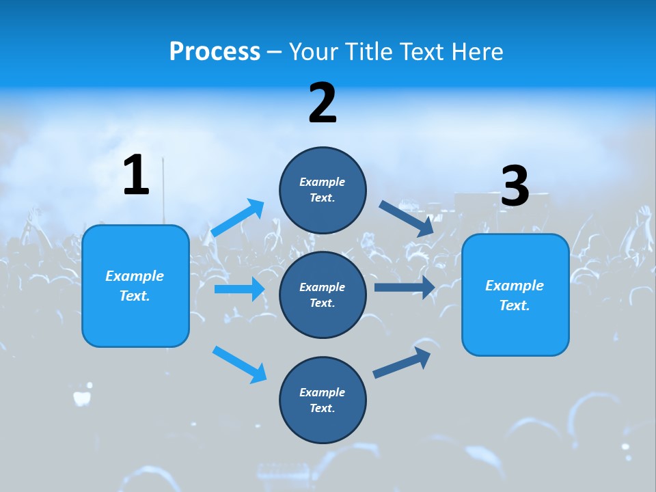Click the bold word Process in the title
pyautogui.click(x=215, y=52)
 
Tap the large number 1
pyautogui.click(x=136, y=176)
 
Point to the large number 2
pyautogui.click(x=323, y=103)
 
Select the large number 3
pyautogui.click(x=515, y=187)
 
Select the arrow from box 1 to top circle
pyautogui.click(x=238, y=218)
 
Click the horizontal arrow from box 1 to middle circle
pyautogui.click(x=239, y=289)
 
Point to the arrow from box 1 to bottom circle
pyautogui.click(x=239, y=364)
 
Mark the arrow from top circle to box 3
pyautogui.click(x=407, y=219)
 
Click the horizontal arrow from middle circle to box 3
pyautogui.click(x=405, y=287)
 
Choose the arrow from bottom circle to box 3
pyautogui.click(x=402, y=362)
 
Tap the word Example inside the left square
pyautogui.click(x=135, y=276)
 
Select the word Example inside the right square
pyautogui.click(x=515, y=286)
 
